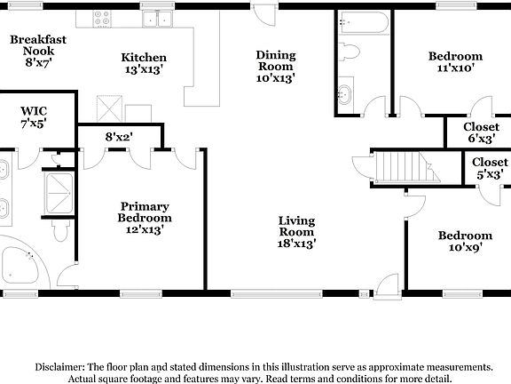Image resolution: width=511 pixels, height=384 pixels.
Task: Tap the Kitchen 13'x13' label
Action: tap(144, 64)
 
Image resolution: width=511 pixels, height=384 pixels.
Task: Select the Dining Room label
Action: tap(275, 66)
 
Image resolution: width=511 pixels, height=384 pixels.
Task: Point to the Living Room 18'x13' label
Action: tap(297, 231)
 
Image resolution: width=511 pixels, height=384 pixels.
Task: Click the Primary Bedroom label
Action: tap(145, 218)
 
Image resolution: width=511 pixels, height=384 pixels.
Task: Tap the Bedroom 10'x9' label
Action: tap(465, 243)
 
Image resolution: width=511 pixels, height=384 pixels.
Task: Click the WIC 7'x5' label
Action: tap(34, 118)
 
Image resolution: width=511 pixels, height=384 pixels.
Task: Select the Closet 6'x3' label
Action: tap(480, 132)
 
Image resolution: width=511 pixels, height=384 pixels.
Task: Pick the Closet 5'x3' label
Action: tap(489, 168)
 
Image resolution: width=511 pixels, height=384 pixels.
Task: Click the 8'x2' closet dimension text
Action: tap(119, 137)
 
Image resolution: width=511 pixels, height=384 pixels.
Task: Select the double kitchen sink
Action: tap(160, 19)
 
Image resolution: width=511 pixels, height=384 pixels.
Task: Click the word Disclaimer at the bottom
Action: tap(60, 366)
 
